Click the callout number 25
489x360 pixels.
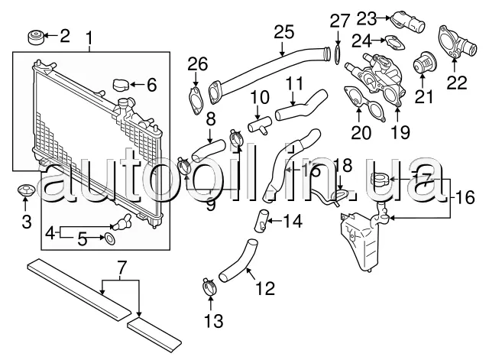[x=283, y=32]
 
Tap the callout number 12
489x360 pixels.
[x=264, y=289]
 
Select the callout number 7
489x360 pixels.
[x=119, y=268]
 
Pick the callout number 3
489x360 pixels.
[x=25, y=222]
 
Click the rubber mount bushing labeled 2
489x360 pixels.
[x=35, y=36]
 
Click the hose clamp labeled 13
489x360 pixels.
[x=206, y=289]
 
